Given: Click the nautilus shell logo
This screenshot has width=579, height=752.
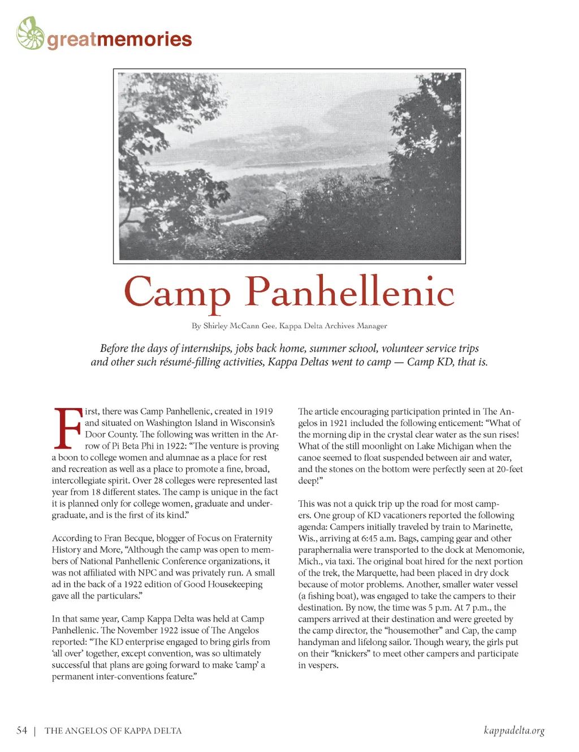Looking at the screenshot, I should click(x=31, y=33).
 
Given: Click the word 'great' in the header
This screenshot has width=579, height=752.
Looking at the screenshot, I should click(x=72, y=40).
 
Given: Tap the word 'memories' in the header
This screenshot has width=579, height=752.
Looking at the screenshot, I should click(x=144, y=40).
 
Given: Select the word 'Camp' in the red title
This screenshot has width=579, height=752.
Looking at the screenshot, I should click(x=177, y=293).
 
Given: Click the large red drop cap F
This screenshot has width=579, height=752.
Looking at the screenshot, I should click(x=67, y=428).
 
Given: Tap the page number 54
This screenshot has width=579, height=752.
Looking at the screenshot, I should click(x=22, y=730).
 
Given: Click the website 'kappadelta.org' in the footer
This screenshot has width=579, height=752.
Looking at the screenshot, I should click(x=514, y=730).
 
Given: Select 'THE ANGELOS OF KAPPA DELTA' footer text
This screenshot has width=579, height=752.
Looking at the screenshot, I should click(x=113, y=731).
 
